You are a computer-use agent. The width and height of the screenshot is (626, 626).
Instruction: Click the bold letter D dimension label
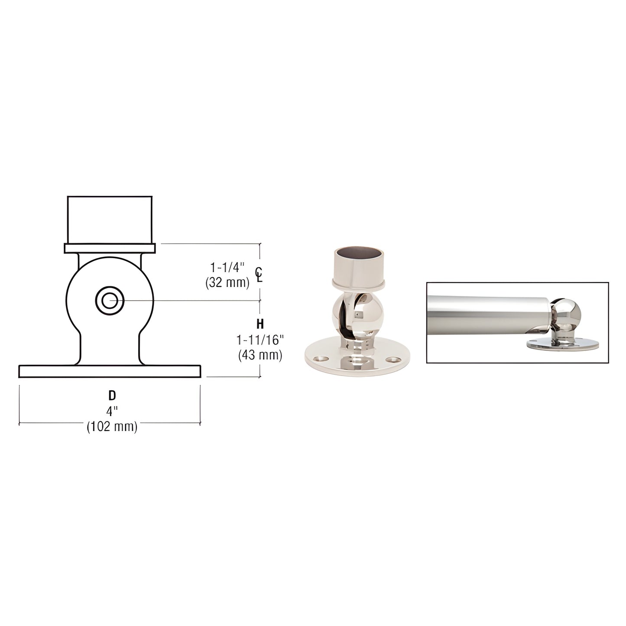click(x=112, y=395)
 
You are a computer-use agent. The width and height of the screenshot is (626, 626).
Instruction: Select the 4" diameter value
click(x=112, y=410)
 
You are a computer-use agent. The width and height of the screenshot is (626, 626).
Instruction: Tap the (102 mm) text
click(x=112, y=427)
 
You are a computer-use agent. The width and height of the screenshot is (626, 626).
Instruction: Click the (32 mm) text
click(x=227, y=283)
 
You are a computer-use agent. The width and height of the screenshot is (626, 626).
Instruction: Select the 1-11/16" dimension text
click(x=260, y=339)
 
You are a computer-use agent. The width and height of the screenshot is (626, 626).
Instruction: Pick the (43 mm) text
click(x=260, y=355)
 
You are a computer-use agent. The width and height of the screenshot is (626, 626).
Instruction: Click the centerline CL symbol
click(x=259, y=275)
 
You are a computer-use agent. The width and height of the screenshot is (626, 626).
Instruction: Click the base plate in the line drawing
click(x=110, y=371)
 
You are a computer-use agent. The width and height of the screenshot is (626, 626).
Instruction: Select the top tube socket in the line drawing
click(x=110, y=220)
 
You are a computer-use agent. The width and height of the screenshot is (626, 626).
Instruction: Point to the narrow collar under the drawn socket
click(x=110, y=248)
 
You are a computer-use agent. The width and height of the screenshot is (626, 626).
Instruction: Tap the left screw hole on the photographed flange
click(x=321, y=359)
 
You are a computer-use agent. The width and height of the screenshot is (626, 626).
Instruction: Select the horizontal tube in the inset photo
click(x=485, y=312)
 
